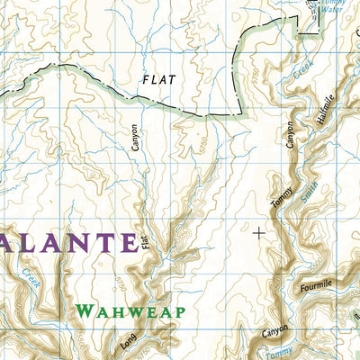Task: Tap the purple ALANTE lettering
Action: point(67,241)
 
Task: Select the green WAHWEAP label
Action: point(130,311)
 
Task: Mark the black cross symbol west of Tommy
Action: point(260,232)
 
